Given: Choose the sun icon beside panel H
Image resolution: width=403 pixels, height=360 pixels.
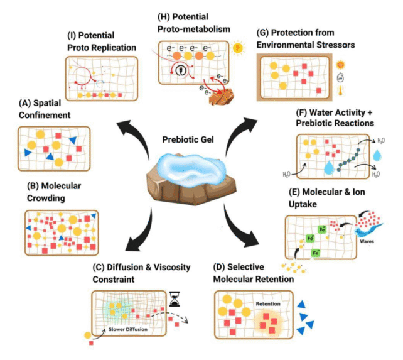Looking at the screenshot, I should tap(237, 48).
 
